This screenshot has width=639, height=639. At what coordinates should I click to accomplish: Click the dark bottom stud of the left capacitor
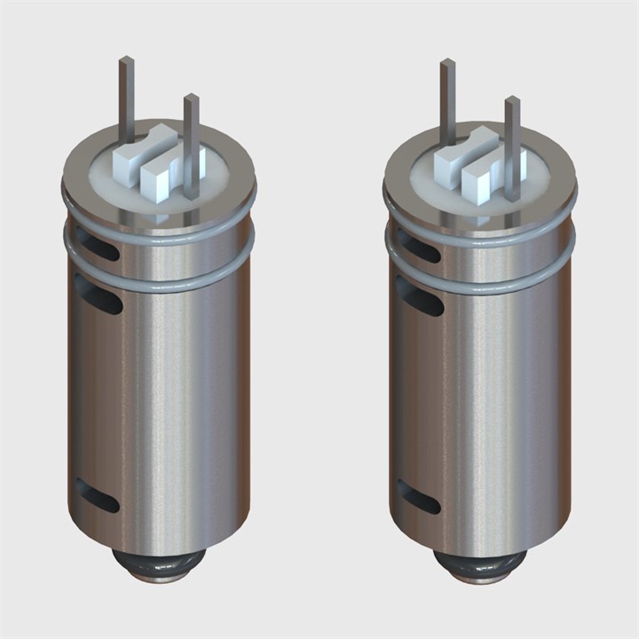tap(162, 564)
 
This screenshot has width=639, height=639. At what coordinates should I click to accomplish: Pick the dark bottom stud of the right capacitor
tap(483, 564)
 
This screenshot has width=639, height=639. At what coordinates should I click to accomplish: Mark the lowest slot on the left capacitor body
tap(98, 496)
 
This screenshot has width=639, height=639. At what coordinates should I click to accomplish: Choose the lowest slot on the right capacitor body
tap(419, 496)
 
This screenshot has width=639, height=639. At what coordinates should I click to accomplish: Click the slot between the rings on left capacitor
tap(98, 243)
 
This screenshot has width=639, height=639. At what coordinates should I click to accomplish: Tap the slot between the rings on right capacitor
tap(419, 243)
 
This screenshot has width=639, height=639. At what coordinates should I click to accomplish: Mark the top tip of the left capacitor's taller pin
tap(127, 60)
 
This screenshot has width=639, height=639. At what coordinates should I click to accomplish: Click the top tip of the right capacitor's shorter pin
tap(512, 99)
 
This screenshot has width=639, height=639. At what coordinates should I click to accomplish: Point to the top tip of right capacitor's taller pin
tap(448, 62)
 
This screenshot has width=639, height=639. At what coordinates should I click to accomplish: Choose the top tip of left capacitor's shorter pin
tap(191, 98)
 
